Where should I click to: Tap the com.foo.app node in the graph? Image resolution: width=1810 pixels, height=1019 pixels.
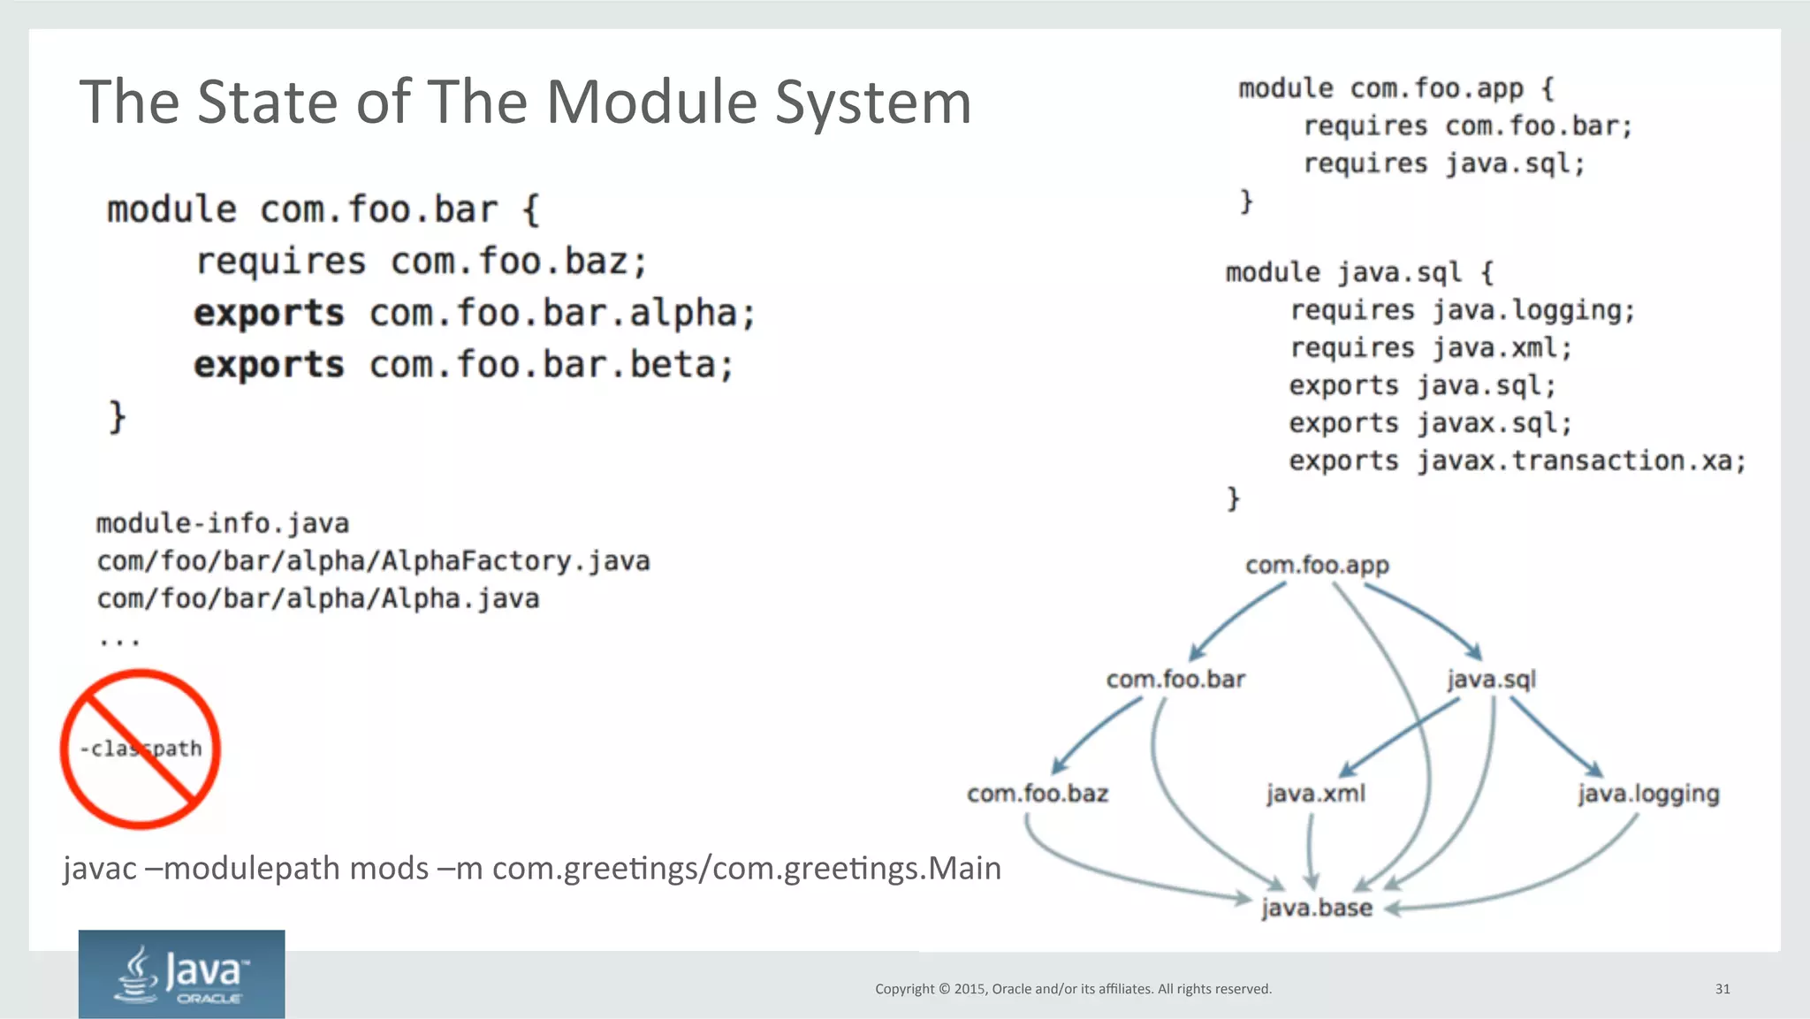1317,565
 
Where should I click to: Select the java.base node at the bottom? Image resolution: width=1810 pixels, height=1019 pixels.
1316,908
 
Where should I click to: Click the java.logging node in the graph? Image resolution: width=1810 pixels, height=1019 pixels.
1648,794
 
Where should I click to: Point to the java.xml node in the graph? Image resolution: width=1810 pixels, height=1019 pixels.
1315,794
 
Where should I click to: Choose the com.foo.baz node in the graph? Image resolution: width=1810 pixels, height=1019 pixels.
1038,794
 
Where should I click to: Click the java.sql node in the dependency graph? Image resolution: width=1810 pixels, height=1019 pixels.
1491,680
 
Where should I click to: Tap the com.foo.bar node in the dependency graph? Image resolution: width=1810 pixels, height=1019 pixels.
1175,680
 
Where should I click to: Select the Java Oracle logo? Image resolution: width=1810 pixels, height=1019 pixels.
181,974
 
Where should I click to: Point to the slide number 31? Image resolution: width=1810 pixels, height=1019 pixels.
1723,989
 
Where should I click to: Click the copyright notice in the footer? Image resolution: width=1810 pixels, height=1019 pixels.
1073,989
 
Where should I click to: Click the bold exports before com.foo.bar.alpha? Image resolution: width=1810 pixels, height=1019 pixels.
269,314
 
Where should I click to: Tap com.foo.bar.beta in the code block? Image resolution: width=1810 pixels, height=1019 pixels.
551,365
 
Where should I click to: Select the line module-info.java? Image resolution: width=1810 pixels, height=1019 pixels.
223,524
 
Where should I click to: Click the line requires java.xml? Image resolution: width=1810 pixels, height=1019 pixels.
1431,348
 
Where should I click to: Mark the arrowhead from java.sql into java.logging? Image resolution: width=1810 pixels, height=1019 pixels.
1595,770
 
